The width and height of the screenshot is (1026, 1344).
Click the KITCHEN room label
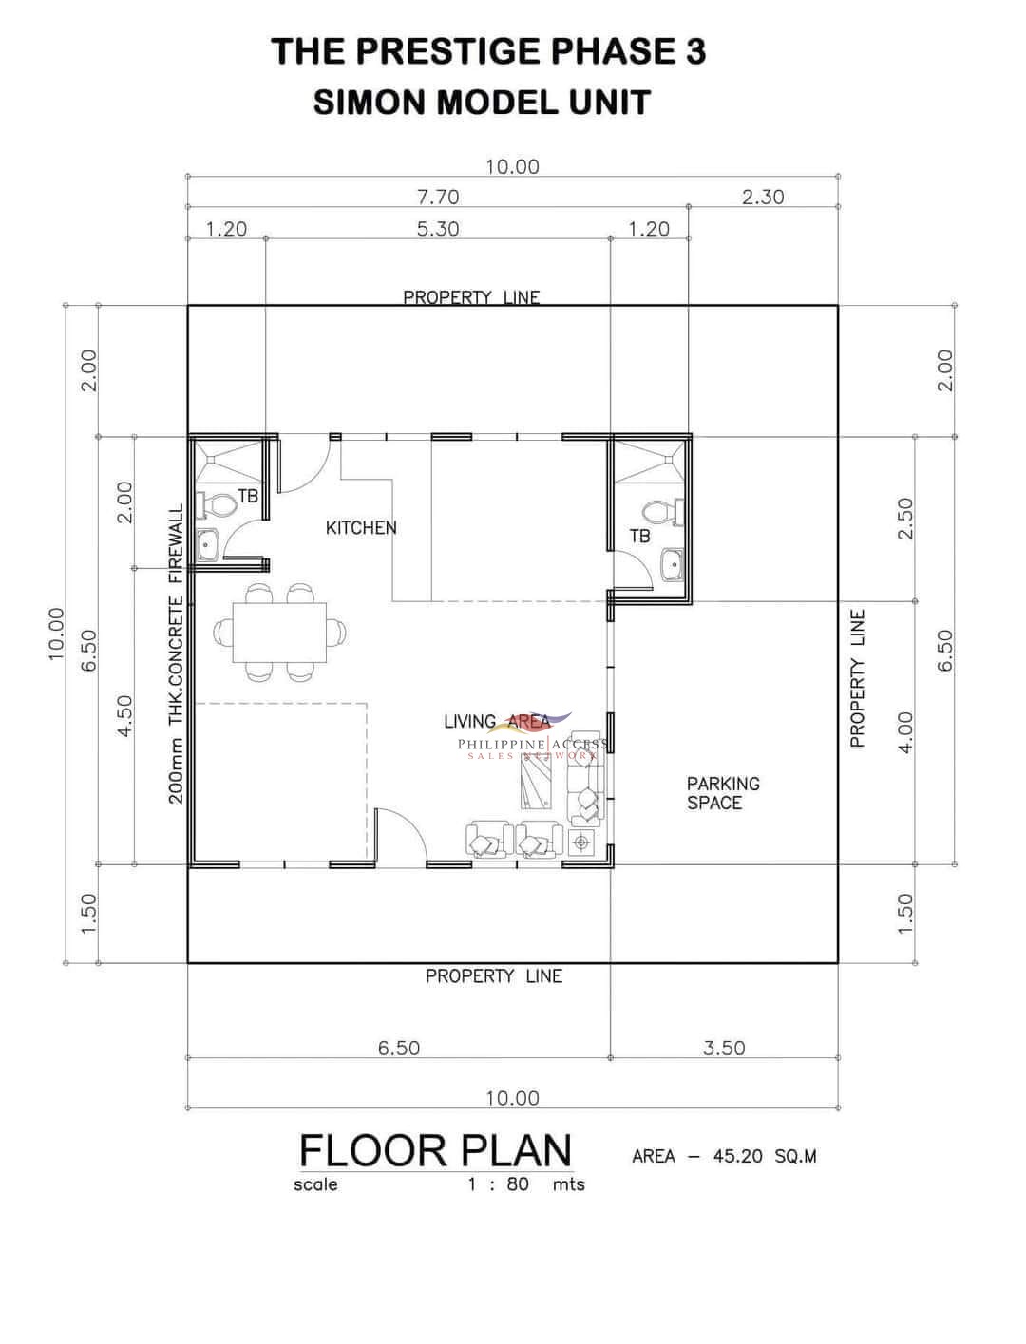(x=361, y=527)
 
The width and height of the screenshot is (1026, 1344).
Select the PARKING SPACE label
(x=723, y=793)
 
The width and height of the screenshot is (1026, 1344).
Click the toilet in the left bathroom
(x=216, y=505)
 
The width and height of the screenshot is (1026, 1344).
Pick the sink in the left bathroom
(x=207, y=544)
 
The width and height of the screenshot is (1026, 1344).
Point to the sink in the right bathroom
(x=673, y=564)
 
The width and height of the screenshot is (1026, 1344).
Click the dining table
(x=279, y=633)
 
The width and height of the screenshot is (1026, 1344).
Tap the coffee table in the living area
(x=536, y=782)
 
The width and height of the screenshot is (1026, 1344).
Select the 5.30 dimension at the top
(x=438, y=229)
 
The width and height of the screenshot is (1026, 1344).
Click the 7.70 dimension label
(x=438, y=198)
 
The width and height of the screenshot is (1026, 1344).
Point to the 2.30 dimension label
(x=763, y=198)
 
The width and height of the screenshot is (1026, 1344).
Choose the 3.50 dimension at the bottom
(x=724, y=1048)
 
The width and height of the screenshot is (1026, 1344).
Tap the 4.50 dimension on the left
(x=124, y=716)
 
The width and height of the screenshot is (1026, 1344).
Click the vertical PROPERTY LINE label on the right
(x=858, y=678)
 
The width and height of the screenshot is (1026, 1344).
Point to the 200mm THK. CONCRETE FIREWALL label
(x=176, y=653)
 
